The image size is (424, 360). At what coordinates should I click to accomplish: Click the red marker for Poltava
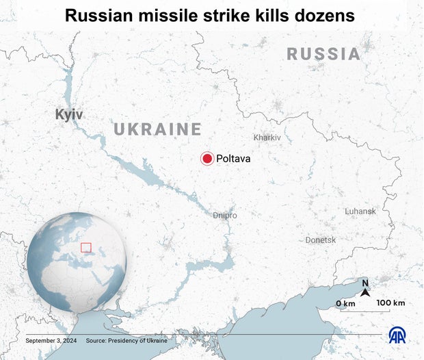click(x=207, y=158)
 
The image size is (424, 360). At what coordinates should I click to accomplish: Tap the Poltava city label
click(x=233, y=159)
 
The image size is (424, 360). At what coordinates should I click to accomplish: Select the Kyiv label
click(x=69, y=114)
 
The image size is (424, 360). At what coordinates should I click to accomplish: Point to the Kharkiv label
click(x=267, y=138)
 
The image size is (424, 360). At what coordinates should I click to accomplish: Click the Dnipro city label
click(x=225, y=215)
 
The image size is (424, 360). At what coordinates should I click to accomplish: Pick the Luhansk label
click(x=360, y=211)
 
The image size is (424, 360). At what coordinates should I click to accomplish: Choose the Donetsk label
click(x=321, y=240)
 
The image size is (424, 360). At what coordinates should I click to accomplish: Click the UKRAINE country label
click(x=157, y=129)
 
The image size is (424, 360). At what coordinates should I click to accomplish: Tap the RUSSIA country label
click(x=323, y=54)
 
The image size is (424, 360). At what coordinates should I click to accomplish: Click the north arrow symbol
click(x=365, y=293)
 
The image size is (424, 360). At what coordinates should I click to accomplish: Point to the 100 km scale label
click(x=390, y=303)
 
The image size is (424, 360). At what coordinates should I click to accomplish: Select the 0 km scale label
click(x=345, y=303)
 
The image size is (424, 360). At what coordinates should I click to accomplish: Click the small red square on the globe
click(x=86, y=247)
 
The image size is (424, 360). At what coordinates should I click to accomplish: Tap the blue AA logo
click(x=397, y=335)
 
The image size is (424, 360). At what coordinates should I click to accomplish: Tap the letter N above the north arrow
click(x=365, y=283)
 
